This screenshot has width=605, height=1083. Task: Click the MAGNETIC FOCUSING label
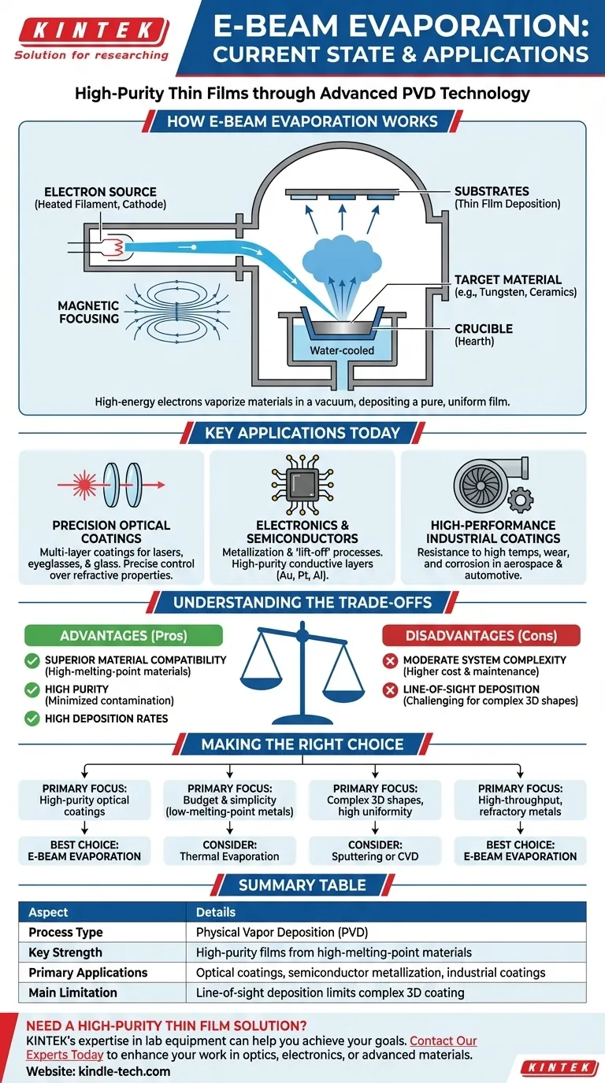pyautogui.click(x=88, y=312)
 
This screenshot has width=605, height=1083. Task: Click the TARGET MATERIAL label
pyautogui.click(x=508, y=279)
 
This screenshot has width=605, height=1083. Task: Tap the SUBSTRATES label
pyautogui.click(x=492, y=191)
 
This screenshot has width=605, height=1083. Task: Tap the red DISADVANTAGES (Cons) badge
pyautogui.click(x=481, y=635)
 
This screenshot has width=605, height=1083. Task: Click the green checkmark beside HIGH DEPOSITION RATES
pyautogui.click(x=32, y=718)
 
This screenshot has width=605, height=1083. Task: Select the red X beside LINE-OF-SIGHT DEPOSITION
pyautogui.click(x=389, y=690)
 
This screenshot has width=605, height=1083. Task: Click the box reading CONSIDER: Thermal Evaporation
pyautogui.click(x=229, y=850)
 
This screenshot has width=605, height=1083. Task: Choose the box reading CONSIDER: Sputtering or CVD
pyautogui.click(x=375, y=850)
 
